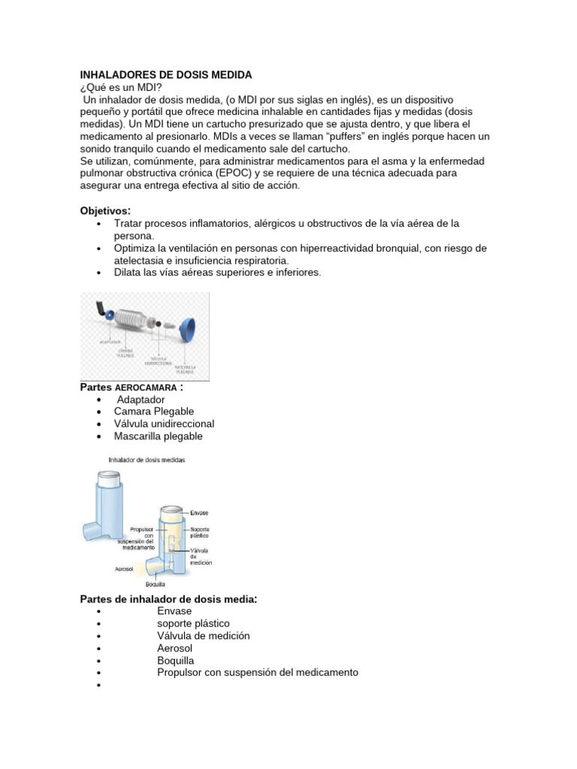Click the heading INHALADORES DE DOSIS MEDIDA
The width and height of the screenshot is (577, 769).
[x=166, y=75]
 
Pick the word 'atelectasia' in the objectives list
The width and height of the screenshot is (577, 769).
[x=141, y=260]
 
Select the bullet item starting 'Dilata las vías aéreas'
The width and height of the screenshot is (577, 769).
[x=217, y=273]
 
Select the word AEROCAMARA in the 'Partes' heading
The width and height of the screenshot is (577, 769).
[x=146, y=388]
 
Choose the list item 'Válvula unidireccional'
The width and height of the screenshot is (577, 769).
[x=164, y=424]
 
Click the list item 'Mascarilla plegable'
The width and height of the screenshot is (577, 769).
[x=158, y=436]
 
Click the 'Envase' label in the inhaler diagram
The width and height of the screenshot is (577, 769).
[x=199, y=512]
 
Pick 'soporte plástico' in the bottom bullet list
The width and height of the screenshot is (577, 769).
[x=193, y=623]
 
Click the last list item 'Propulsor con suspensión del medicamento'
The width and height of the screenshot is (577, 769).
[x=257, y=672]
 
